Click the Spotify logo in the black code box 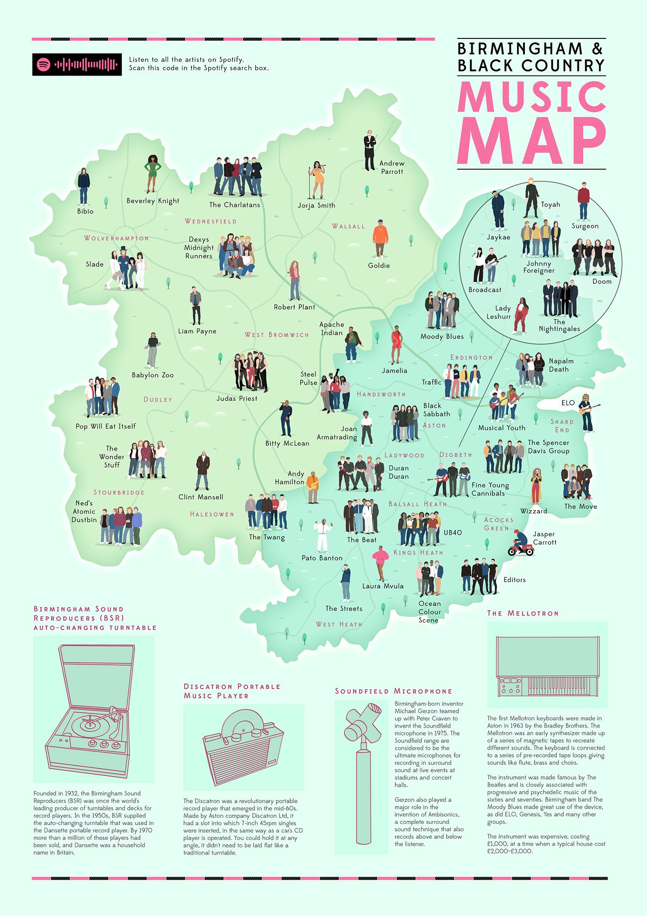pyautogui.click(x=43, y=65)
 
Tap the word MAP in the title pyautogui.click(x=532, y=141)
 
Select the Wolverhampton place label pyautogui.click(x=116, y=239)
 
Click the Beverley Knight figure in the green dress pyautogui.click(x=152, y=174)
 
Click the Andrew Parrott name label pyautogui.click(x=392, y=168)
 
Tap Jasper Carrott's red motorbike pyautogui.click(x=521, y=548)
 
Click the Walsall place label pyautogui.click(x=349, y=226)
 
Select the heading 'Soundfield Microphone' pyautogui.click(x=394, y=692)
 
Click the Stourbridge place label pyautogui.click(x=119, y=493)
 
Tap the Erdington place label pyautogui.click(x=471, y=358)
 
